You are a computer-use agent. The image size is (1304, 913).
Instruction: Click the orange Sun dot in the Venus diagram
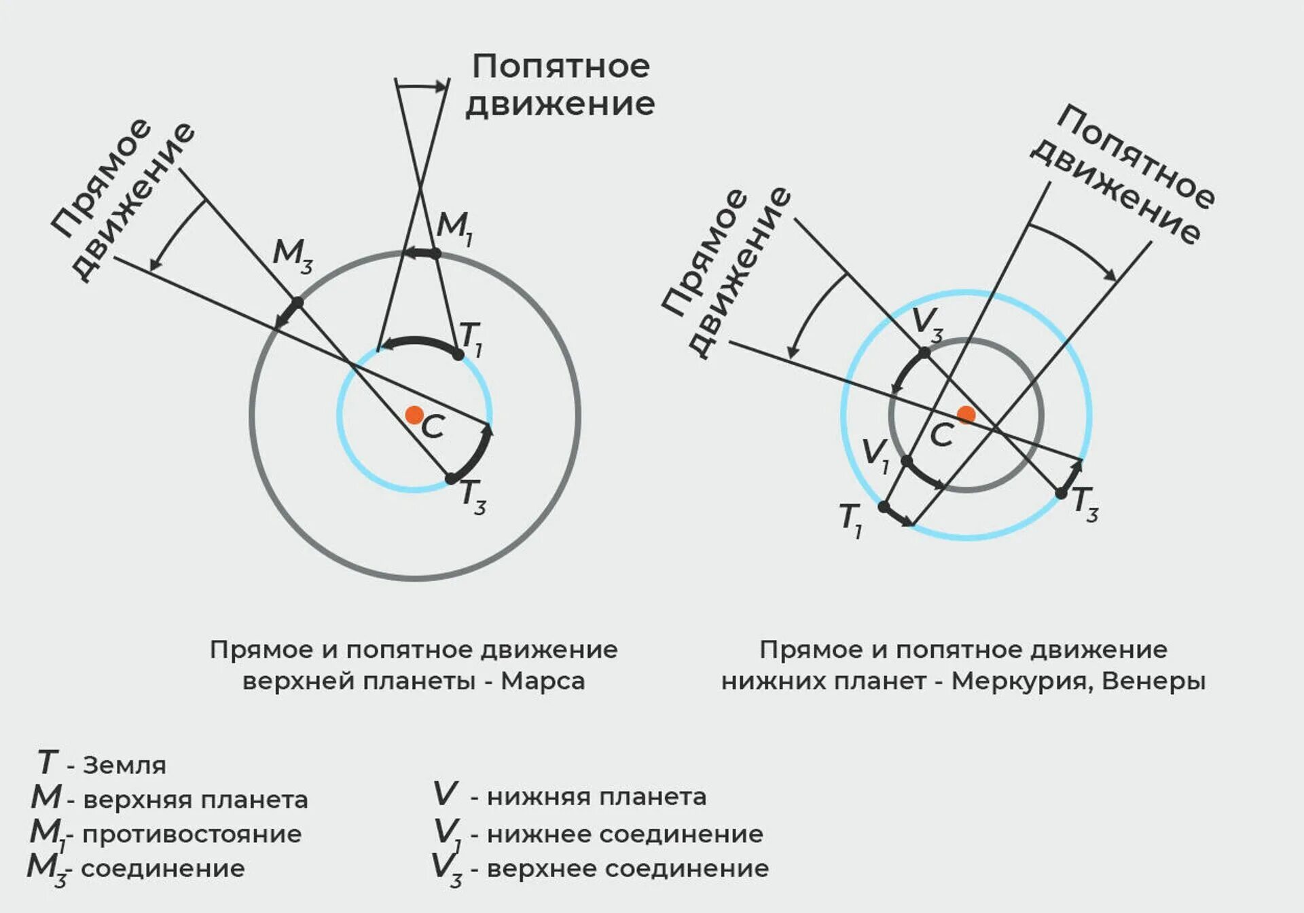(966, 414)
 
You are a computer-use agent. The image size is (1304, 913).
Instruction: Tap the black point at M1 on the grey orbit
(436, 253)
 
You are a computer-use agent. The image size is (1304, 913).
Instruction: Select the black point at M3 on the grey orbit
(297, 302)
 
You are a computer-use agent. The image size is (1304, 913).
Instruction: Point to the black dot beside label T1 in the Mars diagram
(458, 354)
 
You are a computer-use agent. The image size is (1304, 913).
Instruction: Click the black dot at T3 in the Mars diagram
(451, 479)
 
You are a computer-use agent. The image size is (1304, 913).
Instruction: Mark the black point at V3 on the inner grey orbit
(924, 352)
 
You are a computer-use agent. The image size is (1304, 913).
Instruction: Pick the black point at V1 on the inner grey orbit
(906, 462)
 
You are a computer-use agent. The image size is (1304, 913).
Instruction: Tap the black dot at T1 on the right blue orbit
(884, 506)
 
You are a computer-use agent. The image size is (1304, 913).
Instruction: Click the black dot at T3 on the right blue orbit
(1061, 493)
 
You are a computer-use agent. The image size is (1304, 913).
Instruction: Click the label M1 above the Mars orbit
(454, 227)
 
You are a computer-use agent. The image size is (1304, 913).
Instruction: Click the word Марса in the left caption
(543, 681)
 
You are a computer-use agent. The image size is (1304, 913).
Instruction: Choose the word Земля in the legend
(124, 765)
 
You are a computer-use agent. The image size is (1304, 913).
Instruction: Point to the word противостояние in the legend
(192, 834)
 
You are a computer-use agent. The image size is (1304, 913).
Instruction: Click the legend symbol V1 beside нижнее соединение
(447, 834)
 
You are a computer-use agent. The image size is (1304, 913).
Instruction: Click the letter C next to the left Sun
(433, 428)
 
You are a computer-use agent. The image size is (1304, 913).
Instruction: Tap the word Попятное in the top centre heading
(561, 67)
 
